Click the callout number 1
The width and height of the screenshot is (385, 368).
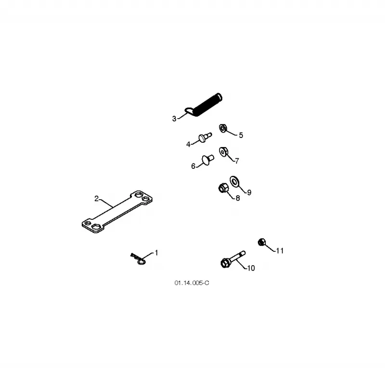click(156, 253)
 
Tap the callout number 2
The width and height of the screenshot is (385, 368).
click(97, 199)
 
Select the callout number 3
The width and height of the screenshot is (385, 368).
click(174, 119)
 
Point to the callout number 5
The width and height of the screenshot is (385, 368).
click(241, 135)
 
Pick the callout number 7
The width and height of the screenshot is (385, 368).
click(237, 161)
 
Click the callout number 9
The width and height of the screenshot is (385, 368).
click(249, 192)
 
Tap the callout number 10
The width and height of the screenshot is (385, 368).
click(251, 268)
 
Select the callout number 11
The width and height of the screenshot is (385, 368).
click(280, 251)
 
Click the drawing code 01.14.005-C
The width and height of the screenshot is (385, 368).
click(192, 283)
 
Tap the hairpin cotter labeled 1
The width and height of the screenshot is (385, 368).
click(138, 259)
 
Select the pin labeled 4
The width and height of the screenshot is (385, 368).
click(205, 137)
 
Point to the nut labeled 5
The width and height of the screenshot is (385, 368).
click(223, 128)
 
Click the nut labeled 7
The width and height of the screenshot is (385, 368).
click(223, 152)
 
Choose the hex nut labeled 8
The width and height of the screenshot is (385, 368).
click(223, 188)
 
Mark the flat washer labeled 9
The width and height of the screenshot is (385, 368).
click(234, 182)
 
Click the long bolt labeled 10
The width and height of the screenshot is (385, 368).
click(233, 259)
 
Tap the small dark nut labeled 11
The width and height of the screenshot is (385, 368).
click(262, 242)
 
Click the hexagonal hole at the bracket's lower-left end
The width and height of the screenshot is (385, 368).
click(95, 227)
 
